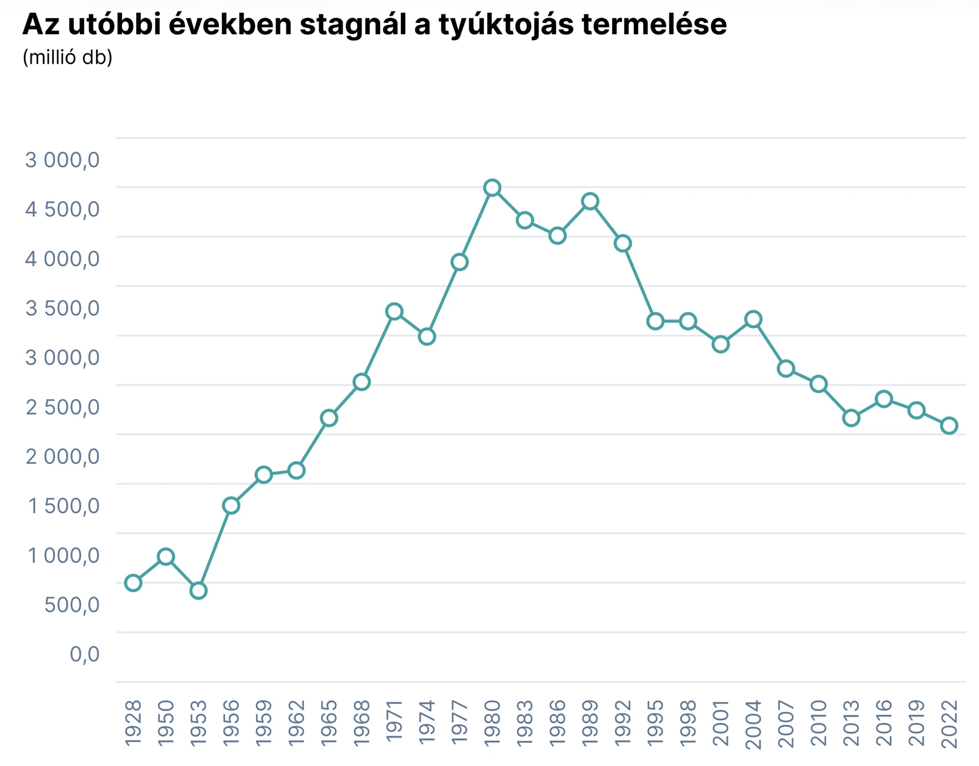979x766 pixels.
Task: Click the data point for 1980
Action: [492, 188]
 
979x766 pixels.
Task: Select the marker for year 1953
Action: [198, 591]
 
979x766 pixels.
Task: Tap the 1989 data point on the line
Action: [590, 201]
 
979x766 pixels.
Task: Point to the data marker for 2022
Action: [949, 426]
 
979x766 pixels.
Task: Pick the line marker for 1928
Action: [133, 583]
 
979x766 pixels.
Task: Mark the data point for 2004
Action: [753, 319]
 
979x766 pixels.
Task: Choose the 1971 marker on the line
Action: [394, 311]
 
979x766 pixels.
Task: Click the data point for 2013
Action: [851, 418]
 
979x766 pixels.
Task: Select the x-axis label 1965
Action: [329, 722]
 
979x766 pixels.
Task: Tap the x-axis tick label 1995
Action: [655, 722]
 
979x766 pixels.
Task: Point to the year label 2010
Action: [818, 722]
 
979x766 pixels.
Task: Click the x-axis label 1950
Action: [166, 722]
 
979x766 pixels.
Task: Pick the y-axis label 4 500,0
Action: [62, 210]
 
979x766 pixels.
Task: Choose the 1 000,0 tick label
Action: [64, 555]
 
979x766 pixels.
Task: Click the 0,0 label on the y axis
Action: [84, 654]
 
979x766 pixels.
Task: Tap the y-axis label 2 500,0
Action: [63, 407]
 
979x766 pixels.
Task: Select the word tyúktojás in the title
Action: [506, 24]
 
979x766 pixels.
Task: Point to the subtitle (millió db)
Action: [67, 57]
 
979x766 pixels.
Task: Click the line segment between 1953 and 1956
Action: [215, 548]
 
